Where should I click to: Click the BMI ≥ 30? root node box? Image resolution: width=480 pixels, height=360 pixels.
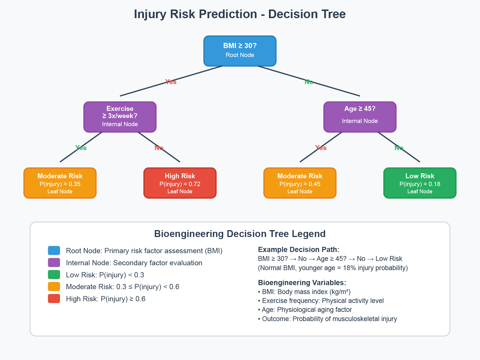tap(240, 51)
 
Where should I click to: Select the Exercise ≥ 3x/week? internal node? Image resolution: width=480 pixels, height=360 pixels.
tap(120, 117)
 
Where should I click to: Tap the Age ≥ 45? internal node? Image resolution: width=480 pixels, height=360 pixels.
tap(360, 117)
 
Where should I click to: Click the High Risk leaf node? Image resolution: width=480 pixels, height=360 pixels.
tap(180, 183)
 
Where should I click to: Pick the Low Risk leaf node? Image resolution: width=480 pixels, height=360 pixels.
tap(420, 183)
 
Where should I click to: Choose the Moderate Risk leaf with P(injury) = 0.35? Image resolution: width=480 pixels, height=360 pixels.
tap(60, 183)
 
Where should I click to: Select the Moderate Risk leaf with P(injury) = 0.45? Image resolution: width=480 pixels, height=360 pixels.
tap(300, 183)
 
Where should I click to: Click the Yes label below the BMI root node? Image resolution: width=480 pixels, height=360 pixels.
tap(171, 82)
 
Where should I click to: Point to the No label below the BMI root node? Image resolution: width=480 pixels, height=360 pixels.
tap(309, 82)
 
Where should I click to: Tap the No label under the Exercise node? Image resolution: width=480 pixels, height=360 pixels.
tap(159, 148)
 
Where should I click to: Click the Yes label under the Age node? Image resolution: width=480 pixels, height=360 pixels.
tap(321, 148)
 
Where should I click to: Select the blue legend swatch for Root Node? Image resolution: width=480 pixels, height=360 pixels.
tap(54, 251)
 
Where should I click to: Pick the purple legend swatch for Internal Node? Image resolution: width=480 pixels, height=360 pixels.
tap(54, 263)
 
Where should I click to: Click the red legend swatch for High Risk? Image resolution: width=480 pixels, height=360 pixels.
tap(54, 299)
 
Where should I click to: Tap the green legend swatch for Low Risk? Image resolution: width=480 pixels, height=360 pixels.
tap(54, 275)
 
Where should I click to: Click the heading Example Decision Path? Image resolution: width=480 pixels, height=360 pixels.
tap(299, 250)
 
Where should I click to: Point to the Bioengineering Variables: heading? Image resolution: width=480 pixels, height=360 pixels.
tap(302, 283)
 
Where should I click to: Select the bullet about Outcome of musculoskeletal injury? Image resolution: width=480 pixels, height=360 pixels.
tap(327, 319)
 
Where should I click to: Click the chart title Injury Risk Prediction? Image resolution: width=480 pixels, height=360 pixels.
tap(240, 14)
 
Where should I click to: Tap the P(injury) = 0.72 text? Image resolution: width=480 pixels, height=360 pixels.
tap(180, 184)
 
